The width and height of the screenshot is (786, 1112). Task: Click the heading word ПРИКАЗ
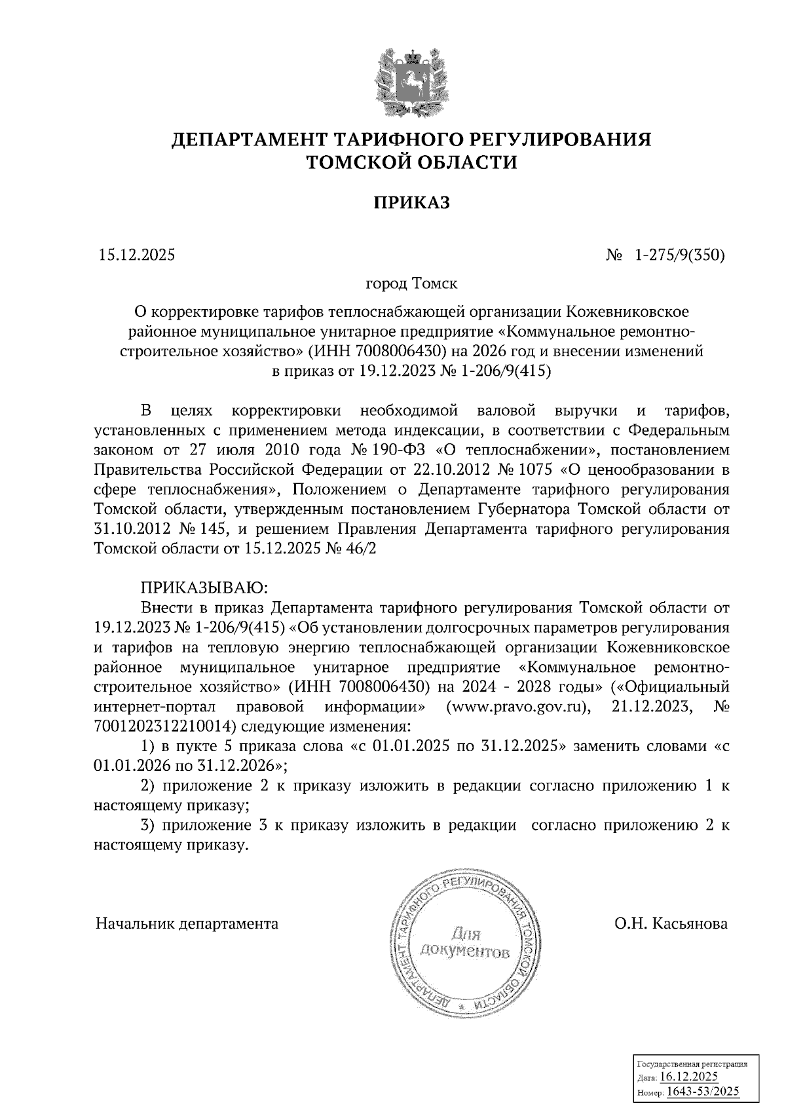[x=412, y=203]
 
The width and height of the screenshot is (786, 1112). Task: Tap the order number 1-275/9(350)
[x=679, y=256]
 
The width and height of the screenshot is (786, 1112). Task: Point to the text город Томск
[x=411, y=284]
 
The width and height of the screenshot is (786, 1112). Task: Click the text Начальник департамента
[x=187, y=924]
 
